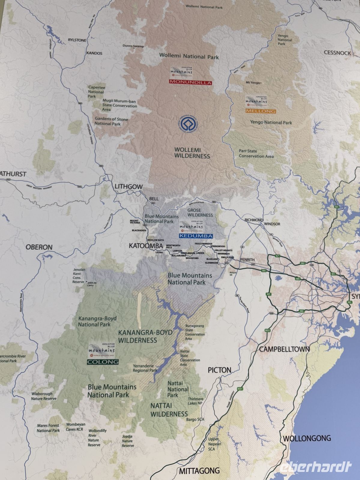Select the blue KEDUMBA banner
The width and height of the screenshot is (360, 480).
tap(196, 236)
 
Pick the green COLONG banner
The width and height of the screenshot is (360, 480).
tap(103, 362)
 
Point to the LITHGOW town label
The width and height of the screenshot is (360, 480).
tap(129, 187)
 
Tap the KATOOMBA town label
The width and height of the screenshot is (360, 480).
tap(146, 246)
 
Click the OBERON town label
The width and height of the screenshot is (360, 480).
tap(39, 247)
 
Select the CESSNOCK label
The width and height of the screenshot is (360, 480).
tap(337, 53)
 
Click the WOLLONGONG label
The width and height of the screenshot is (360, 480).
tap(307, 438)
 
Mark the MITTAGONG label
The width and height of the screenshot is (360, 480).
tap(199, 471)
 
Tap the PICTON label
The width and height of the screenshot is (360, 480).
tap(219, 370)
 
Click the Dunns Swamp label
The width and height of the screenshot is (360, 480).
tap(133, 46)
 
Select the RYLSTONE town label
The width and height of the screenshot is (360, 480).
tap(77, 40)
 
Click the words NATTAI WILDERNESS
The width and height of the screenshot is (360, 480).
tap(169, 410)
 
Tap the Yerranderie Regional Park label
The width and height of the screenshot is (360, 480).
tap(145, 368)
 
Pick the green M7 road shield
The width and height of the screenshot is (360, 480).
tap(268, 294)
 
